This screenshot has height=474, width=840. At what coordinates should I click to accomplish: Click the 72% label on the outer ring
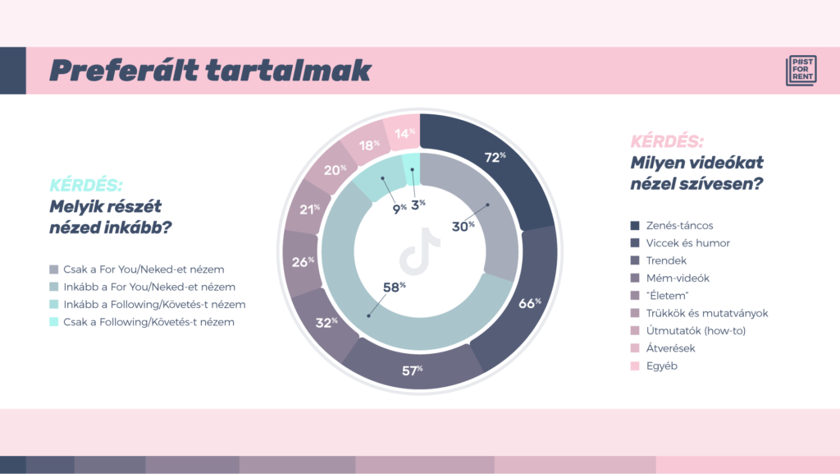pyautogui.click(x=495, y=157)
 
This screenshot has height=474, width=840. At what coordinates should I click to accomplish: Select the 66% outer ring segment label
pyautogui.click(x=529, y=303)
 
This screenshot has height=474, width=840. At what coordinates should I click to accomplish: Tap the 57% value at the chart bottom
pyautogui.click(x=412, y=370)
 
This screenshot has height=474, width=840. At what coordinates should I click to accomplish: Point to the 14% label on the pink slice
pyautogui.click(x=405, y=133)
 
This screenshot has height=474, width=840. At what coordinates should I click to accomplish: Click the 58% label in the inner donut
pyautogui.click(x=395, y=288)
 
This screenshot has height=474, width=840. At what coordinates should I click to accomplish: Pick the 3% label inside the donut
pyautogui.click(x=418, y=205)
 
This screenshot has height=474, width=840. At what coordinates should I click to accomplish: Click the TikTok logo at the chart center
pyautogui.click(x=419, y=251)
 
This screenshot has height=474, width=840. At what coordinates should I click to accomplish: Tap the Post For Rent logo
pyautogui.click(x=801, y=71)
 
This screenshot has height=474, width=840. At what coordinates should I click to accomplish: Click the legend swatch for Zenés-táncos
pyautogui.click(x=635, y=226)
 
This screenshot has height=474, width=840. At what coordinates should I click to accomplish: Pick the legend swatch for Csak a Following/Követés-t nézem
pyautogui.click(x=53, y=322)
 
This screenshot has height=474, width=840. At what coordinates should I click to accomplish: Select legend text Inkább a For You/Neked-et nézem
pyautogui.click(x=149, y=287)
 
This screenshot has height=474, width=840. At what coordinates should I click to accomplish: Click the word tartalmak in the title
pyautogui.click(x=289, y=71)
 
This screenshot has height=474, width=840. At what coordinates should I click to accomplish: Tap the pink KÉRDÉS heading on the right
pyautogui.click(x=667, y=141)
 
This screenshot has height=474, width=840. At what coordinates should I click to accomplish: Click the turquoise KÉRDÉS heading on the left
pyautogui.click(x=85, y=185)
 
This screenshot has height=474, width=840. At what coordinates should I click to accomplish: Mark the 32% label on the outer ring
pyautogui.click(x=326, y=322)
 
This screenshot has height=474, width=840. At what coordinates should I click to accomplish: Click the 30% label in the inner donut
pyautogui.click(x=463, y=226)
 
